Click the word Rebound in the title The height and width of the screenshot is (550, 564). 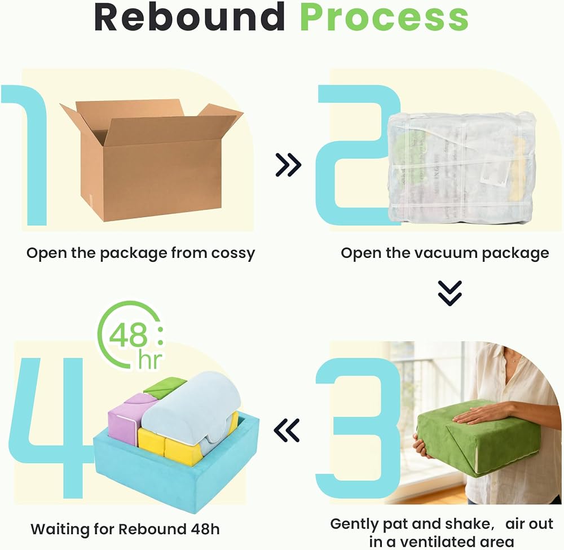pos(190,17)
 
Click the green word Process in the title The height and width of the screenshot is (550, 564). pos(384,17)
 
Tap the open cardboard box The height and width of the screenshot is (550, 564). pos(151,160)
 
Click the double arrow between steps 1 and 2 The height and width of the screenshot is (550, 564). pos(288,165)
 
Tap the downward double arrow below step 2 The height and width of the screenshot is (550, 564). pos(450,293)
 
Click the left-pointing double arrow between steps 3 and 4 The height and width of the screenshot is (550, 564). pos(287,430)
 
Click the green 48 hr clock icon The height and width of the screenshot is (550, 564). pos(130,335)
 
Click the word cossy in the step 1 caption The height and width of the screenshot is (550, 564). pos(233,253)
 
